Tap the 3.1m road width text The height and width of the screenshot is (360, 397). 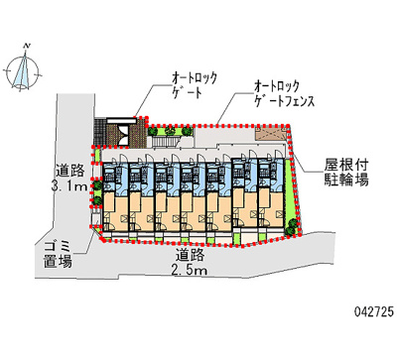coord(69,184)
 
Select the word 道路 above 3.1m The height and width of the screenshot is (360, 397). coord(69,169)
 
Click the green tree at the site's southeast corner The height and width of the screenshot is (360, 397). coord(292,227)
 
